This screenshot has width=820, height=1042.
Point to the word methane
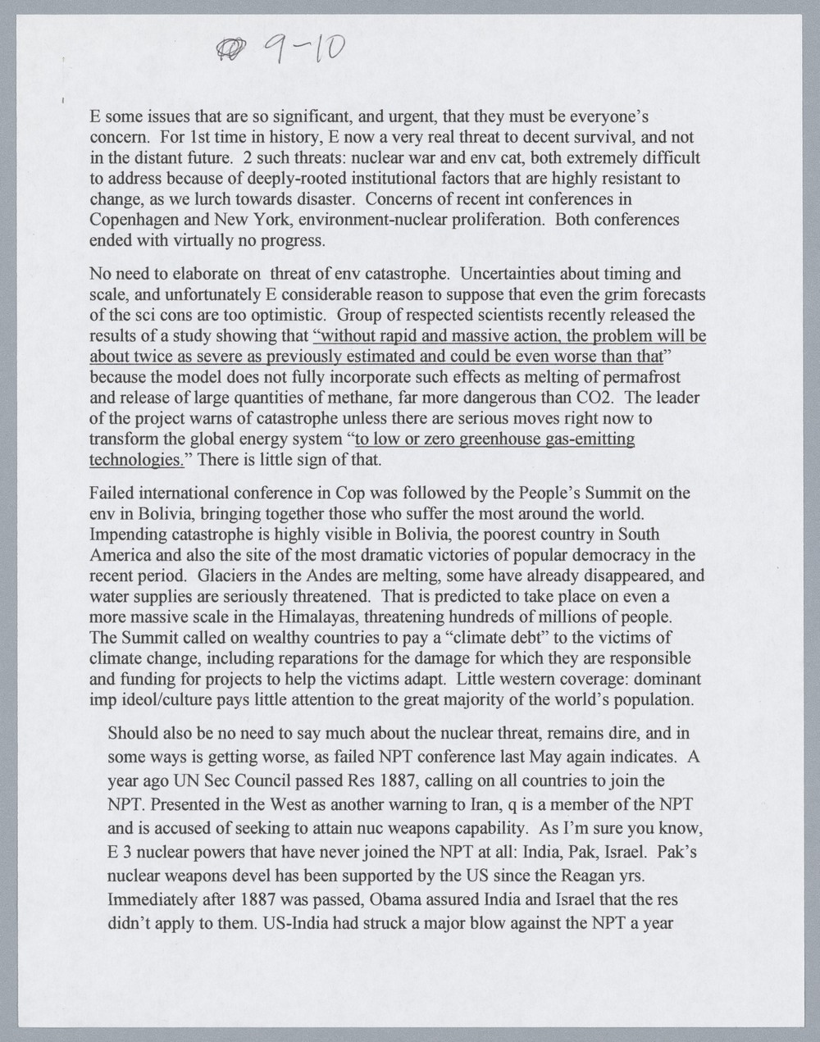coord(380,398)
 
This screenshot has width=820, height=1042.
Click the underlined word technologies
coord(134,460)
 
